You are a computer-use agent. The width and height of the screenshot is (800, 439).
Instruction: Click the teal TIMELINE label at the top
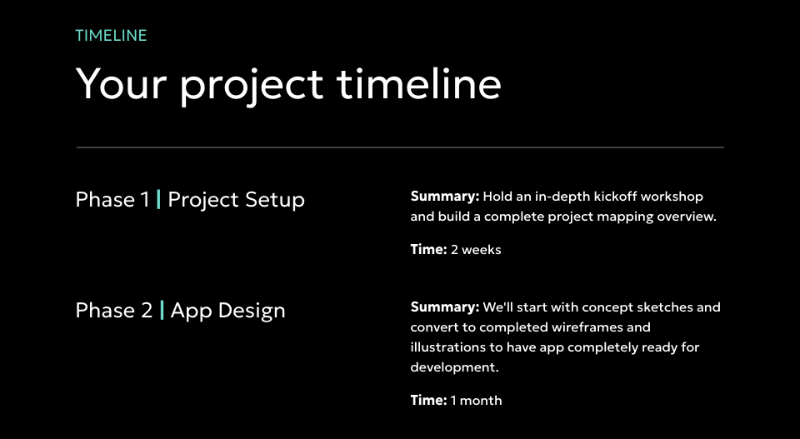coord(111,35)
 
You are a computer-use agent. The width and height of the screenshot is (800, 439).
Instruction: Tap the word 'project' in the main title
coord(252,87)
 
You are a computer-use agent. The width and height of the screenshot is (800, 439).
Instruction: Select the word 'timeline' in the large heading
coord(419,83)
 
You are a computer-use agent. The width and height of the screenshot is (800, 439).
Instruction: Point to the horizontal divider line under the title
coord(400,147)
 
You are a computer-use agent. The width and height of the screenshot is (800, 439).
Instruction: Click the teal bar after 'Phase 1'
coord(158,199)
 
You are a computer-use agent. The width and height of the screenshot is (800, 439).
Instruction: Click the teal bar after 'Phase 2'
coord(162,310)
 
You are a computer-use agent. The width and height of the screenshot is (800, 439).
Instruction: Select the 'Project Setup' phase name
coord(236,200)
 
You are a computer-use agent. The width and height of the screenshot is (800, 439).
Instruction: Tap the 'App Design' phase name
coord(228,311)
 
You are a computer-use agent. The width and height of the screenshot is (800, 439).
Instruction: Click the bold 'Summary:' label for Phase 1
coord(445,197)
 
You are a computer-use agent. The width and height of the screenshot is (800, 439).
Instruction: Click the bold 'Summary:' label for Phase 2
coord(445,307)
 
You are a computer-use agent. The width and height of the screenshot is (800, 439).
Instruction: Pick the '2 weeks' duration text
coord(476,250)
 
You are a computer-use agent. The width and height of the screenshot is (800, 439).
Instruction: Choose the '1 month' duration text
coord(476,401)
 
